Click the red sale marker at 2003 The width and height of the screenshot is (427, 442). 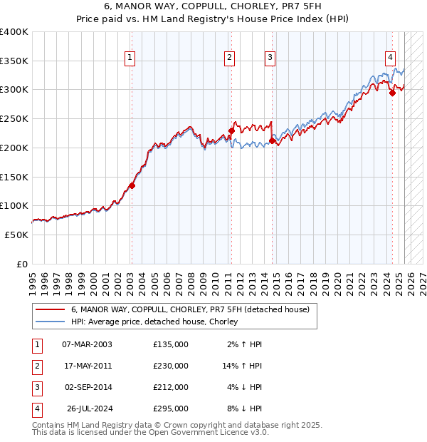coord(132,185)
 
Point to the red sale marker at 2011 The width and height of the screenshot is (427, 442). coord(231,130)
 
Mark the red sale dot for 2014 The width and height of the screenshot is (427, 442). coord(272,141)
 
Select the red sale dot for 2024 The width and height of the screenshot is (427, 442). coord(392,93)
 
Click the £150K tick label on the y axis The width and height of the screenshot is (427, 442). coord(14,176)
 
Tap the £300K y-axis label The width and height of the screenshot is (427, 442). coord(14,90)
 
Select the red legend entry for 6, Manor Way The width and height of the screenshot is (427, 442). coord(189,310)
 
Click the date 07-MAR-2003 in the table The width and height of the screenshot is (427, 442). coord(87,344)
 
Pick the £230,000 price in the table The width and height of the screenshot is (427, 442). coord(171,366)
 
